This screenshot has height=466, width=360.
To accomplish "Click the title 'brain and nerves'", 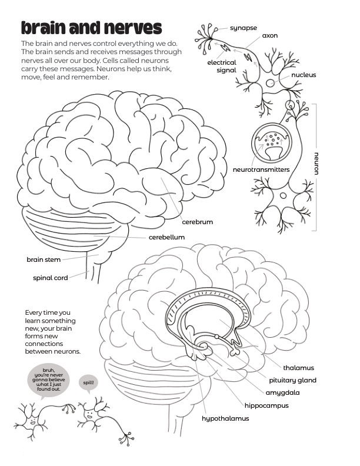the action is tap(92, 28).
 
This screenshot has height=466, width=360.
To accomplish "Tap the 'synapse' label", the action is tap(244, 28).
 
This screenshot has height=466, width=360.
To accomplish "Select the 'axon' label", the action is tap(269, 36).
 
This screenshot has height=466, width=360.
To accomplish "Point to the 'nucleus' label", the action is tap(304, 75).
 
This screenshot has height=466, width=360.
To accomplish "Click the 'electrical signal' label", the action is tap(222, 66).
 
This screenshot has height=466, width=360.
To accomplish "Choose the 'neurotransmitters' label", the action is tap(261, 169).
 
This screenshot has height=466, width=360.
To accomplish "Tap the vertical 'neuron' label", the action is tap(316, 164).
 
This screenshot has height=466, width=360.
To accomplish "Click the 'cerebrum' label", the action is tap(197, 222).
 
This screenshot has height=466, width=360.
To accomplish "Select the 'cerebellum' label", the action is tap(166, 237).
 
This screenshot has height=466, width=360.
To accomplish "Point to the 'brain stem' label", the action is tap(44, 259).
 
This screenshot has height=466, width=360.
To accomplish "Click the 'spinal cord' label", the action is tap(51, 278).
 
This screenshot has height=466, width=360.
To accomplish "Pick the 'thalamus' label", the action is tap(298, 368).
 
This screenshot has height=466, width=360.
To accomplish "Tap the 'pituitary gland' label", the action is tap(292, 381).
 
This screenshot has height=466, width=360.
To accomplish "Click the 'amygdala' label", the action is tap(282, 393).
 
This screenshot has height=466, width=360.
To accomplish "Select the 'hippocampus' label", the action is tap(266, 405).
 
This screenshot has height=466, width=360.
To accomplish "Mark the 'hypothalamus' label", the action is tap(225, 418).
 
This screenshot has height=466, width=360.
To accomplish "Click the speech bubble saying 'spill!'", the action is tap(88, 384).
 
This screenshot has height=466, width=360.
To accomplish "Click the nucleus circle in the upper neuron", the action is tap(270, 83).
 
